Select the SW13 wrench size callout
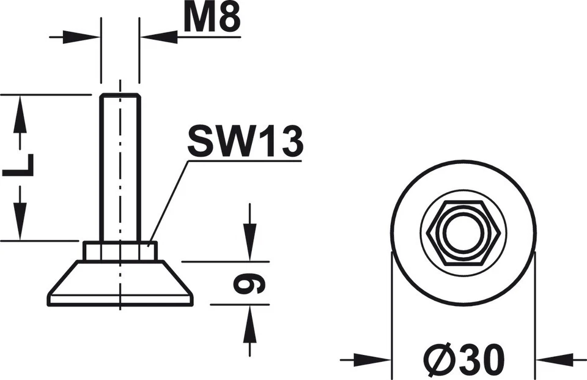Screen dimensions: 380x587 [x=245, y=142]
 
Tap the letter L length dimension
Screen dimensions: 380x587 [x=18, y=165]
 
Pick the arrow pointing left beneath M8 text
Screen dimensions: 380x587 [x=159, y=37]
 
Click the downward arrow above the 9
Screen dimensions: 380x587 [x=249, y=236]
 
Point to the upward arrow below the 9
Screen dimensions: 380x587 [x=249, y=330]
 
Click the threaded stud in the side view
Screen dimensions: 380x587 [x=120, y=165]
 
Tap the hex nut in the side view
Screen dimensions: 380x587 [x=120, y=251]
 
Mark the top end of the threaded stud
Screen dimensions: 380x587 [x=120, y=95]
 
